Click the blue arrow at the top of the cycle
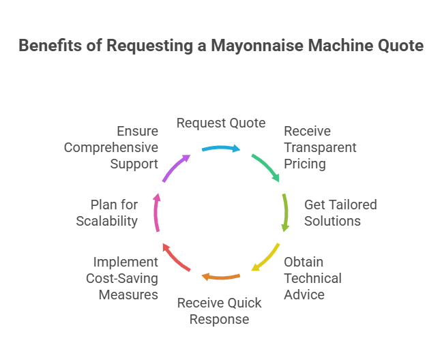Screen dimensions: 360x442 click(x=220, y=147)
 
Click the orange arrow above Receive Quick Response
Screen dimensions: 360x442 click(x=220, y=276)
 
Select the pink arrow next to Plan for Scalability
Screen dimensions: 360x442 click(x=156, y=213)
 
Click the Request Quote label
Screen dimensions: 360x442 click(x=221, y=123)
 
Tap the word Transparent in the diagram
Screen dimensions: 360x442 click(x=320, y=147)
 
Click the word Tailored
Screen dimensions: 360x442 click(x=351, y=205)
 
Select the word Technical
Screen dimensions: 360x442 click(x=312, y=278)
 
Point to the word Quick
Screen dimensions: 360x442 click(x=231, y=303)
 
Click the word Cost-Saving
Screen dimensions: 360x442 click(x=122, y=278)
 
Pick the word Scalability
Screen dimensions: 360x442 click(x=107, y=221)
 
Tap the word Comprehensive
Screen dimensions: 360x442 click(x=111, y=147)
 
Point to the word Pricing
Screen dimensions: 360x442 click(x=305, y=164)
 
